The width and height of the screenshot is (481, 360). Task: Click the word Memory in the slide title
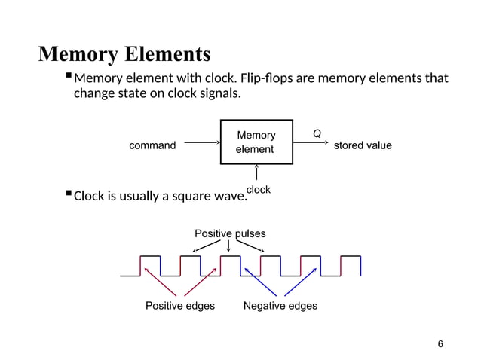[x=81, y=55]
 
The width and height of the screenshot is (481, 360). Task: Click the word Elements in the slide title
[x=170, y=55]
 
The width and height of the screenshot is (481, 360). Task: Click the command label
[x=152, y=145]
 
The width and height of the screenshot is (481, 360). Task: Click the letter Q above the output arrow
[x=317, y=133]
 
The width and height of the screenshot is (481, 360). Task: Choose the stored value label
[x=363, y=145]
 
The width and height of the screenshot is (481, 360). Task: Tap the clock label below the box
[x=258, y=190]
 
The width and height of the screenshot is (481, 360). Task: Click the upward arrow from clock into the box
[x=256, y=174]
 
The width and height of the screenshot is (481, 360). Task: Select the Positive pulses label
[x=230, y=233]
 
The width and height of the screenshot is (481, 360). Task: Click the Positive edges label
[x=179, y=306]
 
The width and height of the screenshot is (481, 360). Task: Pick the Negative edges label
[x=280, y=306]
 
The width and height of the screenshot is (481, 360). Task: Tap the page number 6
[x=440, y=344]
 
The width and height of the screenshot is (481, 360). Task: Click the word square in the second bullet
[x=193, y=197]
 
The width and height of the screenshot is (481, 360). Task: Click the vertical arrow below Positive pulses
[x=228, y=246]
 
